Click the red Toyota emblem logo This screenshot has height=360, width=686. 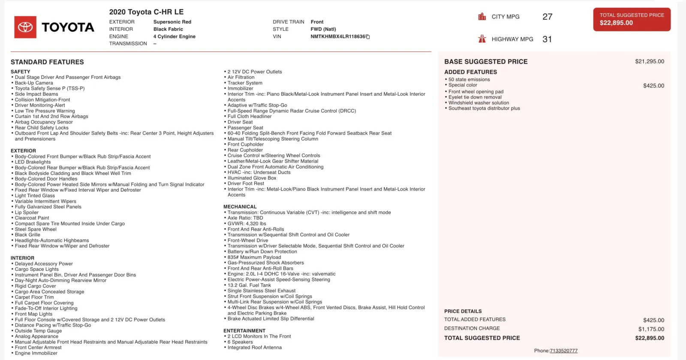click(x=25, y=27)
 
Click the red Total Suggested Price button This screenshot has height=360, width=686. click(x=632, y=19)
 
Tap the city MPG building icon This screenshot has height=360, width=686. click(x=482, y=17)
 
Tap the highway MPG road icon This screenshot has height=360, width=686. click(x=482, y=39)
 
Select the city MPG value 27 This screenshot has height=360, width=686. click(x=547, y=17)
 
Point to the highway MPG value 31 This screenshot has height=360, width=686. click(x=547, y=39)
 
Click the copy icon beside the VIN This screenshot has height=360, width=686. click(x=368, y=37)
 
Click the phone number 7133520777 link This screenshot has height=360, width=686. click(x=563, y=351)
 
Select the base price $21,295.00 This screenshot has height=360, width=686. click(x=649, y=61)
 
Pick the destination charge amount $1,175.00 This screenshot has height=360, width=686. click(x=651, y=329)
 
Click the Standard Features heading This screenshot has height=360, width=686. click(x=47, y=62)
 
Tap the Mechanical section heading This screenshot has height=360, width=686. click(x=240, y=207)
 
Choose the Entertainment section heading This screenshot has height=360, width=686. click(x=244, y=331)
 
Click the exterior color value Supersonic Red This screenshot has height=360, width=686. click(x=172, y=22)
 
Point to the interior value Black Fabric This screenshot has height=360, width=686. click(x=168, y=29)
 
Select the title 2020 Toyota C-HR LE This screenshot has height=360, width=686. click(x=146, y=12)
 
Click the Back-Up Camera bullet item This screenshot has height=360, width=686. click(x=34, y=83)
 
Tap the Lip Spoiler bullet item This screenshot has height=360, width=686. click(x=27, y=213)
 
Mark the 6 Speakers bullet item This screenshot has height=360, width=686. click(x=240, y=342)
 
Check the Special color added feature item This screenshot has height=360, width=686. click(x=463, y=85)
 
